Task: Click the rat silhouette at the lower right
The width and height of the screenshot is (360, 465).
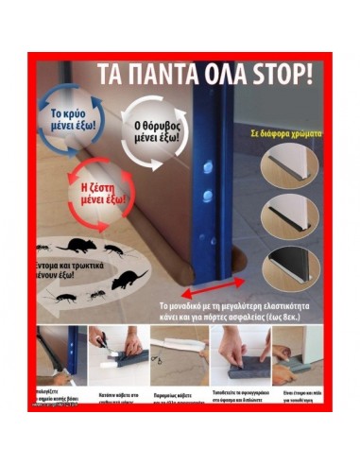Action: [x=128, y=280]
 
